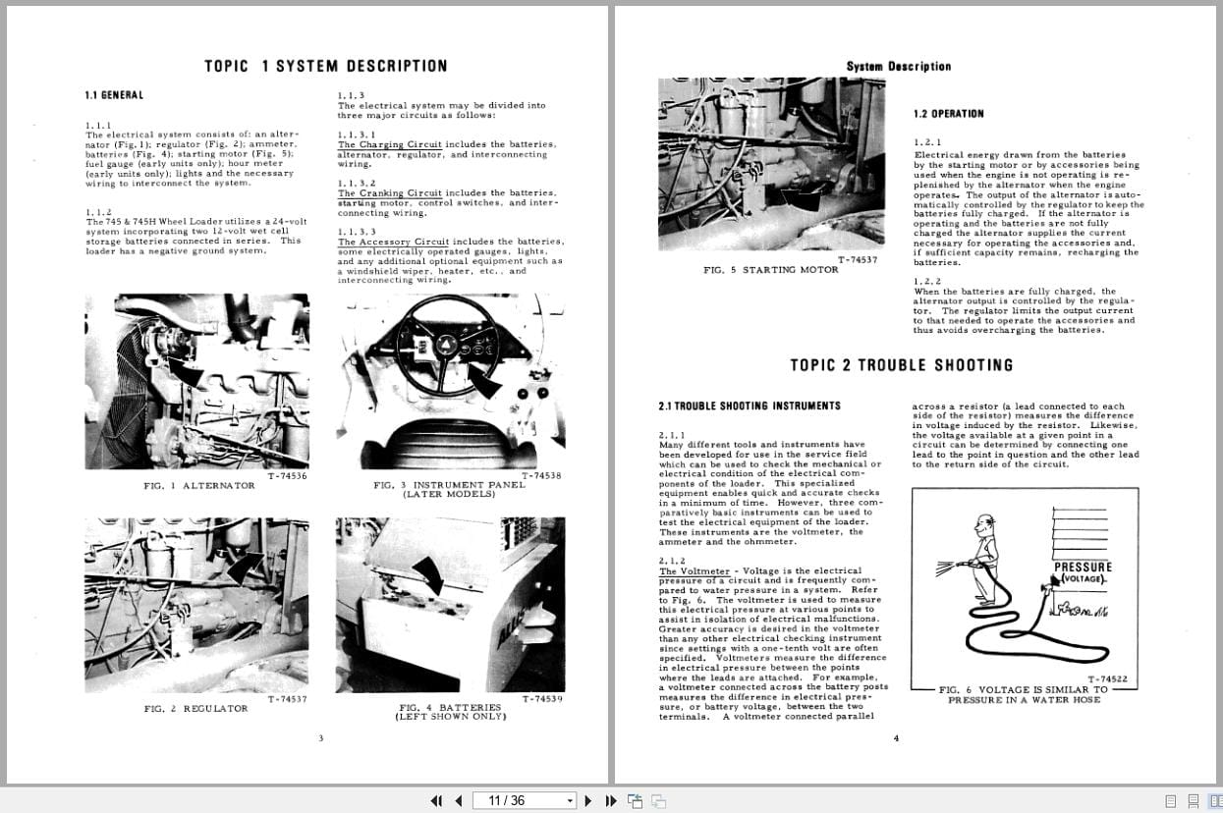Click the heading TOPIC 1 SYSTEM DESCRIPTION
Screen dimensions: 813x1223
point(325,66)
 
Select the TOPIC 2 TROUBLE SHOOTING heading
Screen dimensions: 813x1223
point(901,365)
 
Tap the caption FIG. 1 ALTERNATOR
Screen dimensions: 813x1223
point(198,486)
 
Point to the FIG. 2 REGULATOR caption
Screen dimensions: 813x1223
point(195,708)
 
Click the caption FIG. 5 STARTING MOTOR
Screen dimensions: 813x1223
point(771,270)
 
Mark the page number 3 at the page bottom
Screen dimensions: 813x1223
point(320,738)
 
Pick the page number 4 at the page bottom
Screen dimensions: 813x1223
point(895,738)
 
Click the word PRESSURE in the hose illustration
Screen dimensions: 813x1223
point(1083,567)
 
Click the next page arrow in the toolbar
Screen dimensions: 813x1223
point(588,800)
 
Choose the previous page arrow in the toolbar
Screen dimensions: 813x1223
point(457,800)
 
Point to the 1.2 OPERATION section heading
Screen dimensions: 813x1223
point(948,114)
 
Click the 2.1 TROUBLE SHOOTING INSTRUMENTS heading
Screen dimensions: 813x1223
point(749,406)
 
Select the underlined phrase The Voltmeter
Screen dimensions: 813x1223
point(694,571)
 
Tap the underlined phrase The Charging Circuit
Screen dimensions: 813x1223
point(390,145)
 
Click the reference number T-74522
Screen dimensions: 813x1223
point(1106,678)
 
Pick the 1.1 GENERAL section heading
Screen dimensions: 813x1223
point(114,95)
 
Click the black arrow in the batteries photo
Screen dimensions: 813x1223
point(429,573)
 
